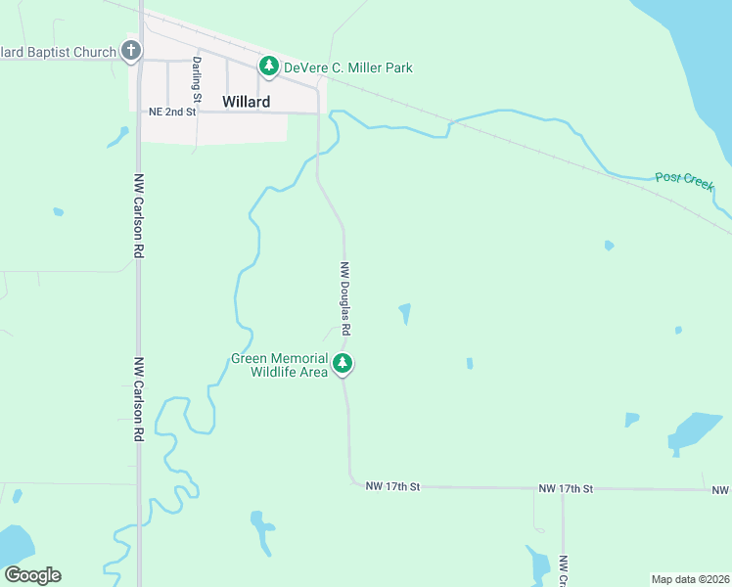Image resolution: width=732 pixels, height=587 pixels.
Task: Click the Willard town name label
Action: click(x=246, y=102)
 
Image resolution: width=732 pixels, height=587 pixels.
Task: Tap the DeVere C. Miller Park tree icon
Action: click(x=269, y=67)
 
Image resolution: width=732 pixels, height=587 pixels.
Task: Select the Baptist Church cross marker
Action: click(x=131, y=51)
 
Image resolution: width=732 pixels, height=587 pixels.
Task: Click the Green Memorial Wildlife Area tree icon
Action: click(x=343, y=364)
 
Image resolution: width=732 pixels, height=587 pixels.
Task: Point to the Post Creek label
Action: click(x=684, y=181)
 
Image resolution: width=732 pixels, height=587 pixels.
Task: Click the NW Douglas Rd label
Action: click(x=345, y=298)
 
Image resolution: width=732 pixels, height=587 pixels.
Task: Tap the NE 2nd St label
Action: click(x=172, y=113)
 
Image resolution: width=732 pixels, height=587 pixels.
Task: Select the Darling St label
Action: click(x=197, y=79)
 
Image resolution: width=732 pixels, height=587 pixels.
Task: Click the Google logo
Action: click(x=32, y=574)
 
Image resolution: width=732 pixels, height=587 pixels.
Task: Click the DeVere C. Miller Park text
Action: click(x=347, y=68)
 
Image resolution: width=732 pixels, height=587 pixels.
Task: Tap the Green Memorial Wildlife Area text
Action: click(x=279, y=365)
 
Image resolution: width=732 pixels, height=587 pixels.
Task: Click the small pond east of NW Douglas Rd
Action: click(x=405, y=313)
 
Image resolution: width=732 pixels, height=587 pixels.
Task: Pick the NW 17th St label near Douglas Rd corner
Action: click(x=392, y=485)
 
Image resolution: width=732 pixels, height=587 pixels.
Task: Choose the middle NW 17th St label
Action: click(x=566, y=487)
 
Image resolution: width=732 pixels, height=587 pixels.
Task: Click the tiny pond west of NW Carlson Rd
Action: click(x=59, y=211)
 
